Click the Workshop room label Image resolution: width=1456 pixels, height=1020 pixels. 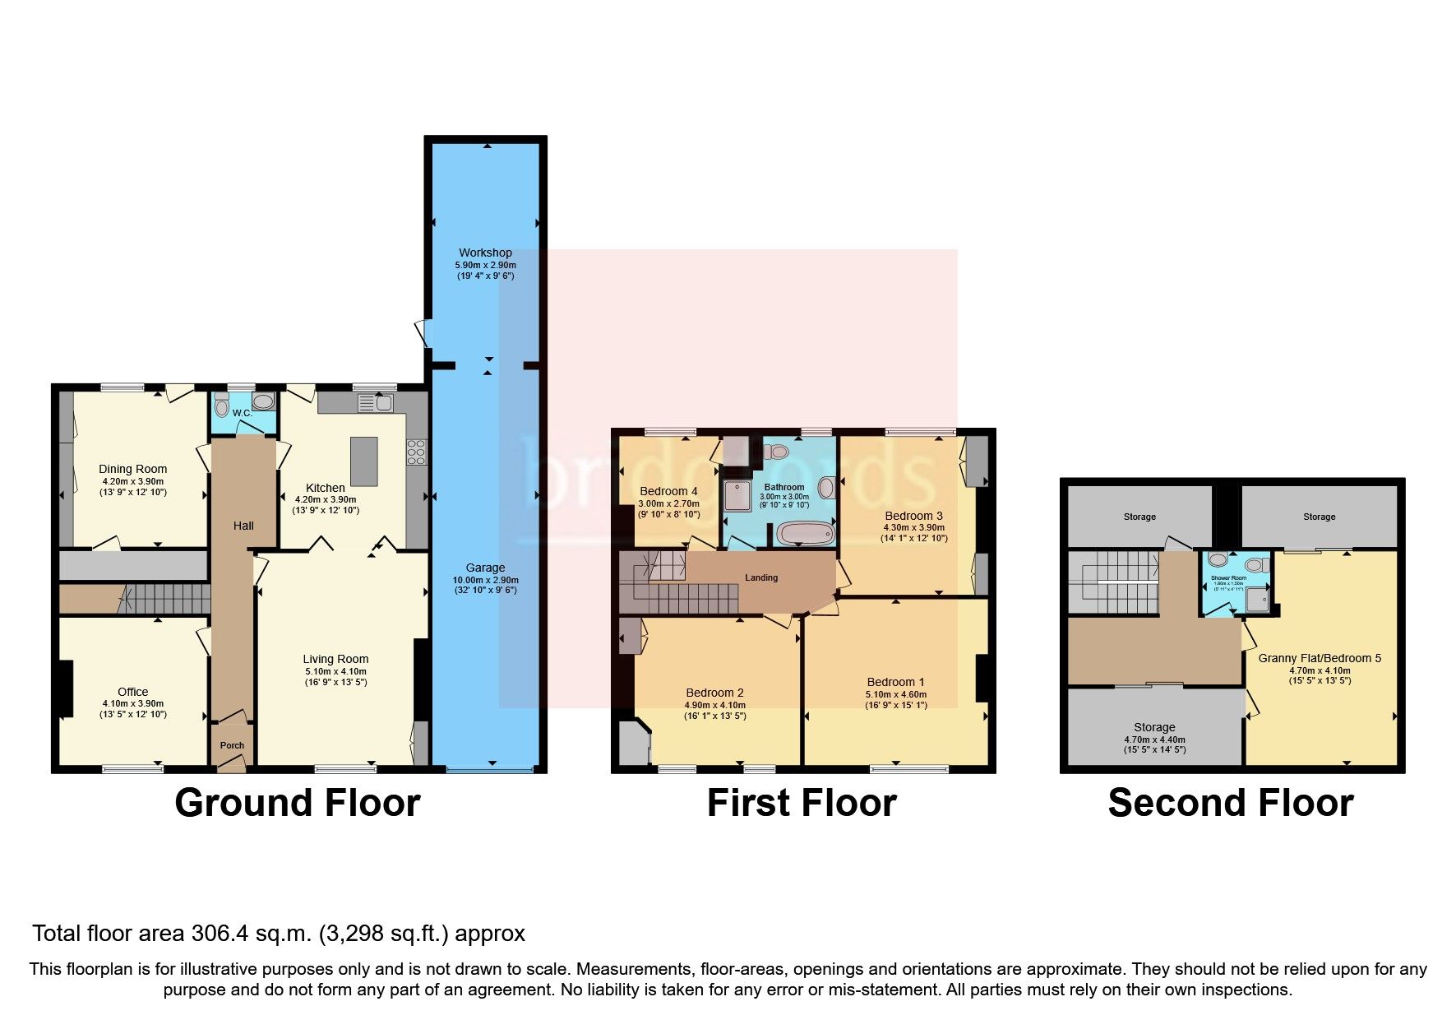pyautogui.click(x=485, y=253)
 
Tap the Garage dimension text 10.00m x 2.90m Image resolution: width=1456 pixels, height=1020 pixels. pyautogui.click(x=485, y=579)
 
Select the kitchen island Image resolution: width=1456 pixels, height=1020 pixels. pyautogui.click(x=363, y=461)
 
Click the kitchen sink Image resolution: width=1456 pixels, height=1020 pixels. pyautogui.click(x=383, y=402)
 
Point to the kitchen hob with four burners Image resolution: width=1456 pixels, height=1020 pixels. pyautogui.click(x=416, y=452)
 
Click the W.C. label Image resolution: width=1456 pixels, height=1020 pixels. pyautogui.click(x=241, y=413)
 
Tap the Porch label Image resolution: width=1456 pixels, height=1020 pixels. pyautogui.click(x=232, y=745)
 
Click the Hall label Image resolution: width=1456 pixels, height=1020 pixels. pyautogui.click(x=243, y=526)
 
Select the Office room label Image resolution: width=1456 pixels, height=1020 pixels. pyautogui.click(x=133, y=692)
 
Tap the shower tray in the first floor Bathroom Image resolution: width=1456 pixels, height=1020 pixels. pyautogui.click(x=737, y=495)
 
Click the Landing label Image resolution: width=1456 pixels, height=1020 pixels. pyautogui.click(x=761, y=577)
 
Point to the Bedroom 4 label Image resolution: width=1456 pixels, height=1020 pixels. pyautogui.click(x=668, y=491)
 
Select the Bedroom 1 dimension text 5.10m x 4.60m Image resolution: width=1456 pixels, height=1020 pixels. pyautogui.click(x=895, y=694)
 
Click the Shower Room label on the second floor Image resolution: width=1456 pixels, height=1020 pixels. pyautogui.click(x=1228, y=578)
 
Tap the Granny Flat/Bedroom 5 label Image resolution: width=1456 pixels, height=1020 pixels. pyautogui.click(x=1320, y=658)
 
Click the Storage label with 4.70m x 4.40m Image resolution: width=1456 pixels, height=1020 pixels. pyautogui.click(x=1154, y=727)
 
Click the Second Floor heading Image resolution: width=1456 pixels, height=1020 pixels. pyautogui.click(x=1230, y=803)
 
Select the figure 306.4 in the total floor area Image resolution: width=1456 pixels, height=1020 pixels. pyautogui.click(x=220, y=934)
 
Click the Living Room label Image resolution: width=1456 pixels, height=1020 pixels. pyautogui.click(x=335, y=659)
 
